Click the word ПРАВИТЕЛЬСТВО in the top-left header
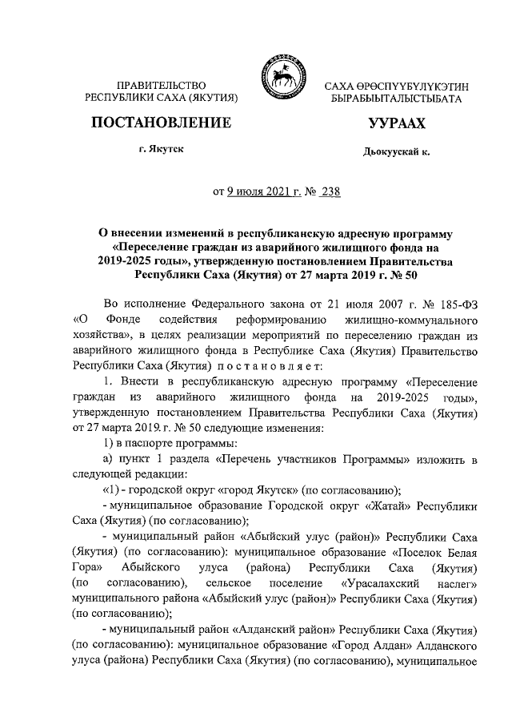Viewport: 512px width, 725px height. coord(162,85)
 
